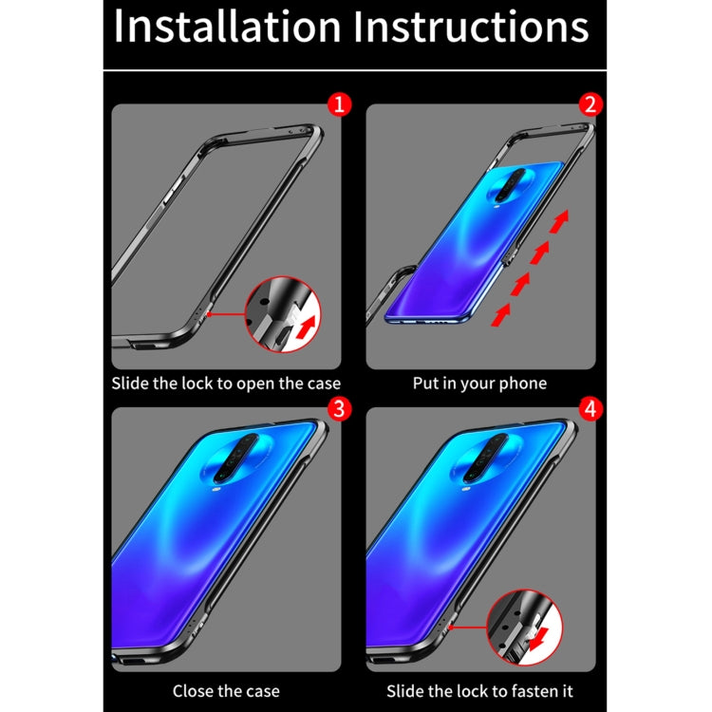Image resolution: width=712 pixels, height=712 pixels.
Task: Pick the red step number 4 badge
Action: (591, 410)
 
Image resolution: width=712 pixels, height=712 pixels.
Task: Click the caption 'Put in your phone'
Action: (479, 384)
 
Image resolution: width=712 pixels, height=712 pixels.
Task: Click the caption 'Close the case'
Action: (225, 690)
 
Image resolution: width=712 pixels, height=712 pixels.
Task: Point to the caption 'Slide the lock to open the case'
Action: (226, 384)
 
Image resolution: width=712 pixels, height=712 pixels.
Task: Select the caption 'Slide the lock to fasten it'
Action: (479, 690)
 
